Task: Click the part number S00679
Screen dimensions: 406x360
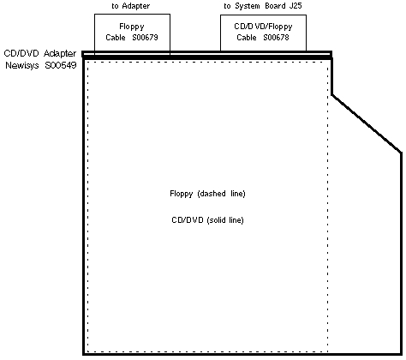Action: [x=145, y=38]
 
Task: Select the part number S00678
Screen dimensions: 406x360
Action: [x=276, y=38]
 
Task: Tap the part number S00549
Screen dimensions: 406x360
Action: [x=61, y=65]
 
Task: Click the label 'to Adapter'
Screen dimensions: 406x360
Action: [x=131, y=6]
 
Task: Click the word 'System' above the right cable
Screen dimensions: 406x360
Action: [x=248, y=6]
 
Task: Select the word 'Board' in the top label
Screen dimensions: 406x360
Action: [x=275, y=6]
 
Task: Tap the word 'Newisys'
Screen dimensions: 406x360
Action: [x=22, y=65]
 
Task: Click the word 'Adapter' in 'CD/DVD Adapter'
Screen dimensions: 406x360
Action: [x=60, y=53]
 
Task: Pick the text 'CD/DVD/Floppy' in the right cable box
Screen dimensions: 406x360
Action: [x=263, y=27]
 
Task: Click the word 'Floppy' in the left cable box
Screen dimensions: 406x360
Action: [x=132, y=27]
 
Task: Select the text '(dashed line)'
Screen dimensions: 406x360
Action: [x=221, y=194]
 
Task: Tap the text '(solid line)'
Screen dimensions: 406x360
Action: [x=225, y=220]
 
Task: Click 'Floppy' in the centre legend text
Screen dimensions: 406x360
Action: [x=182, y=194]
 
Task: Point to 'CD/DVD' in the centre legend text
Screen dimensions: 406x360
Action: [x=188, y=220]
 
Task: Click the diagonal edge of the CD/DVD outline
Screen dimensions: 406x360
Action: [x=367, y=123]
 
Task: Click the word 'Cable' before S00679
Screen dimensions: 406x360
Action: [x=116, y=38]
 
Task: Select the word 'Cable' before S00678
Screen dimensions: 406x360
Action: [x=247, y=38]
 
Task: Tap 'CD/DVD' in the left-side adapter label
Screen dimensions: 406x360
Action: [x=21, y=53]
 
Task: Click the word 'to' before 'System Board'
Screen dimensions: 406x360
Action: [x=227, y=6]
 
